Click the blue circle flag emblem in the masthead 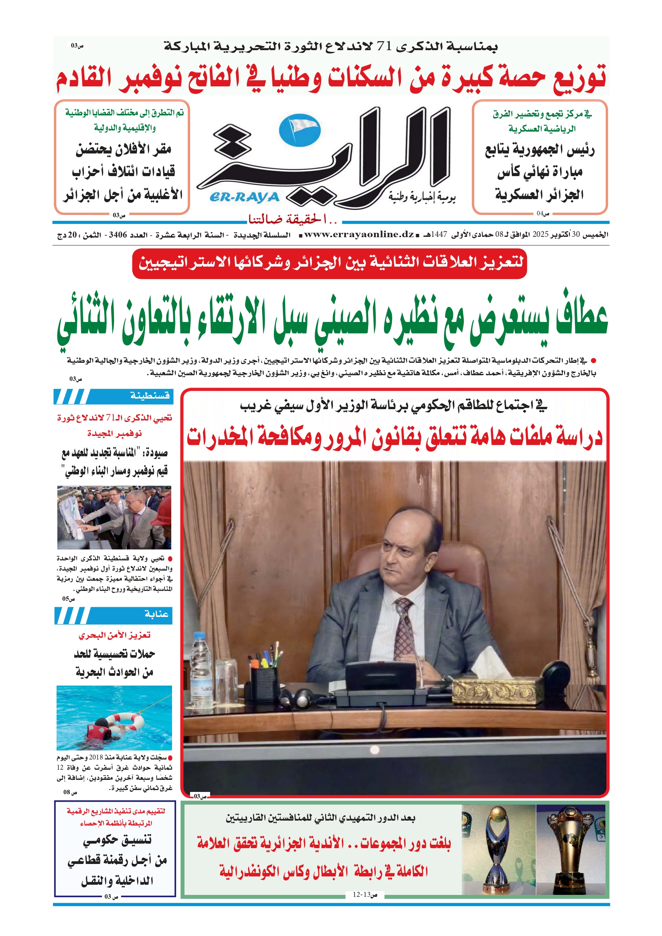(300, 130)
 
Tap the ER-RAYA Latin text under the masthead (244, 197)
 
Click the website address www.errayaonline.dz (359, 235)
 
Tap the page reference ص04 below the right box (543, 213)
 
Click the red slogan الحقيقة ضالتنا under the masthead (293, 220)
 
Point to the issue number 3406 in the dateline (118, 235)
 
